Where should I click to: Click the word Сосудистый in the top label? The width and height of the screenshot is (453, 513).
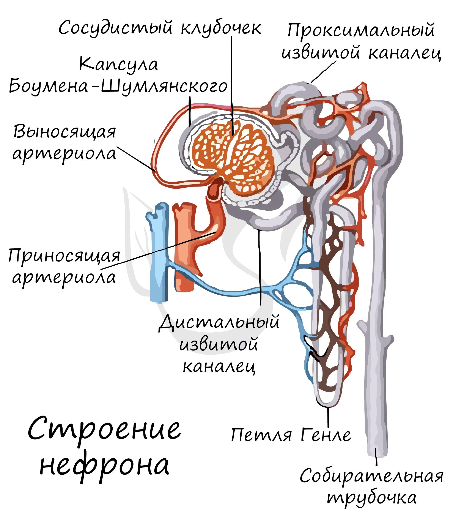click(116, 28)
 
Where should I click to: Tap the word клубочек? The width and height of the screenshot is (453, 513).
click(221, 28)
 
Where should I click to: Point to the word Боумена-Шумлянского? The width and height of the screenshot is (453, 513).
click(118, 86)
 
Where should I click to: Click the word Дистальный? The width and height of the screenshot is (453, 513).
click(219, 322)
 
